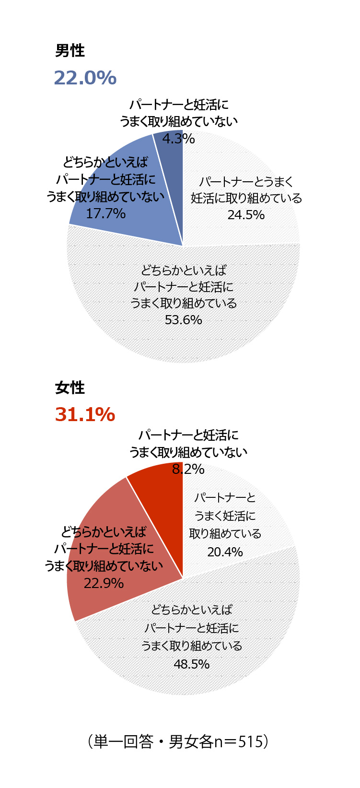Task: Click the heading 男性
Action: pos(70,51)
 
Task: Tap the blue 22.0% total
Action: pos(85,78)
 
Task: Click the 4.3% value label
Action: pos(178,139)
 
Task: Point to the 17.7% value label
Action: pos(105,213)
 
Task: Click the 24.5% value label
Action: pos(246,214)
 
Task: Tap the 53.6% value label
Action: pos(183,319)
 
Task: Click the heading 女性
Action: pos(70,388)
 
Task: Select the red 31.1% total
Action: pos(85,414)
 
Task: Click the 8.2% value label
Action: pos(188,469)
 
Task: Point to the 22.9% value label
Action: pos(104,583)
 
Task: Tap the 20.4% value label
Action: pos(225,552)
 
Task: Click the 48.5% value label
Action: pos(191,664)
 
